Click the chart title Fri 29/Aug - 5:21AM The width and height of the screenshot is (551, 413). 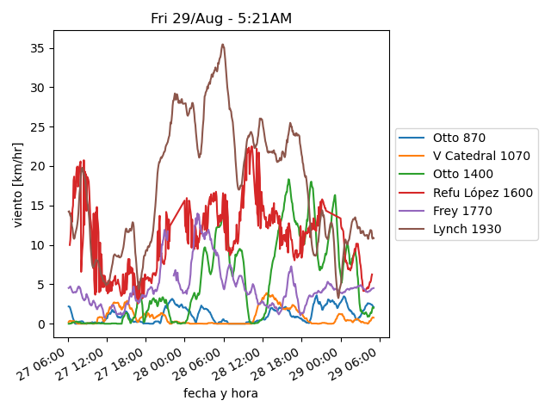pyautogui.click(x=220, y=18)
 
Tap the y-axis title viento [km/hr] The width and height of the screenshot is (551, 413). pyautogui.click(x=18, y=184)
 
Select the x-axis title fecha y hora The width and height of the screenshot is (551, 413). pyautogui.click(x=220, y=393)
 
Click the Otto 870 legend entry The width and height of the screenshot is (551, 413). pyautogui.click(x=459, y=138)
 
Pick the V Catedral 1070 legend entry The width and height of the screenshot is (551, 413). pyautogui.click(x=481, y=156)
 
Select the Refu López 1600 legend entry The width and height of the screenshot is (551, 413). pyautogui.click(x=482, y=193)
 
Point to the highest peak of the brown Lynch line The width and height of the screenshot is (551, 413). pyautogui.click(x=222, y=45)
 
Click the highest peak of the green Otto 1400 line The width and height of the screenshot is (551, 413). pyautogui.click(x=288, y=180)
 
